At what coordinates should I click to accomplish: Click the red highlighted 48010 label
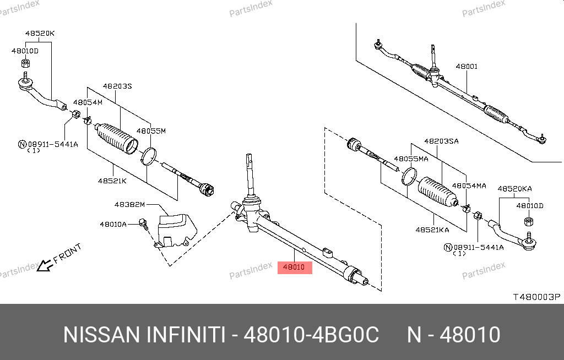tap(295, 267)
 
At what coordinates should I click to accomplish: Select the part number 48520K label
tap(40, 34)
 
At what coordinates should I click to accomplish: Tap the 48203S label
tap(117, 86)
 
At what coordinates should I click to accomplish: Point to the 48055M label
tap(151, 131)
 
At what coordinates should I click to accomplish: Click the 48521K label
tap(112, 181)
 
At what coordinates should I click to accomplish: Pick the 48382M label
tap(129, 205)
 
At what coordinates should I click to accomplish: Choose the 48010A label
tap(113, 225)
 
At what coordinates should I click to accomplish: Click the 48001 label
tap(467, 67)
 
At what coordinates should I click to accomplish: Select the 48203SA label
tap(441, 141)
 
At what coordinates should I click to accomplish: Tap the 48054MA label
tap(469, 186)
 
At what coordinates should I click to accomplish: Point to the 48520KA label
tap(514, 189)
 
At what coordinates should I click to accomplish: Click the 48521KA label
tap(432, 230)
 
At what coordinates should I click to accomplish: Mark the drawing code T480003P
tap(536, 297)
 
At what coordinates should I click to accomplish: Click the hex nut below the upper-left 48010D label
tap(25, 63)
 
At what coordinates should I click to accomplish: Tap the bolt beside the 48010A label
tap(144, 223)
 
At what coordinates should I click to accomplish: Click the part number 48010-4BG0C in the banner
tap(311, 335)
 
